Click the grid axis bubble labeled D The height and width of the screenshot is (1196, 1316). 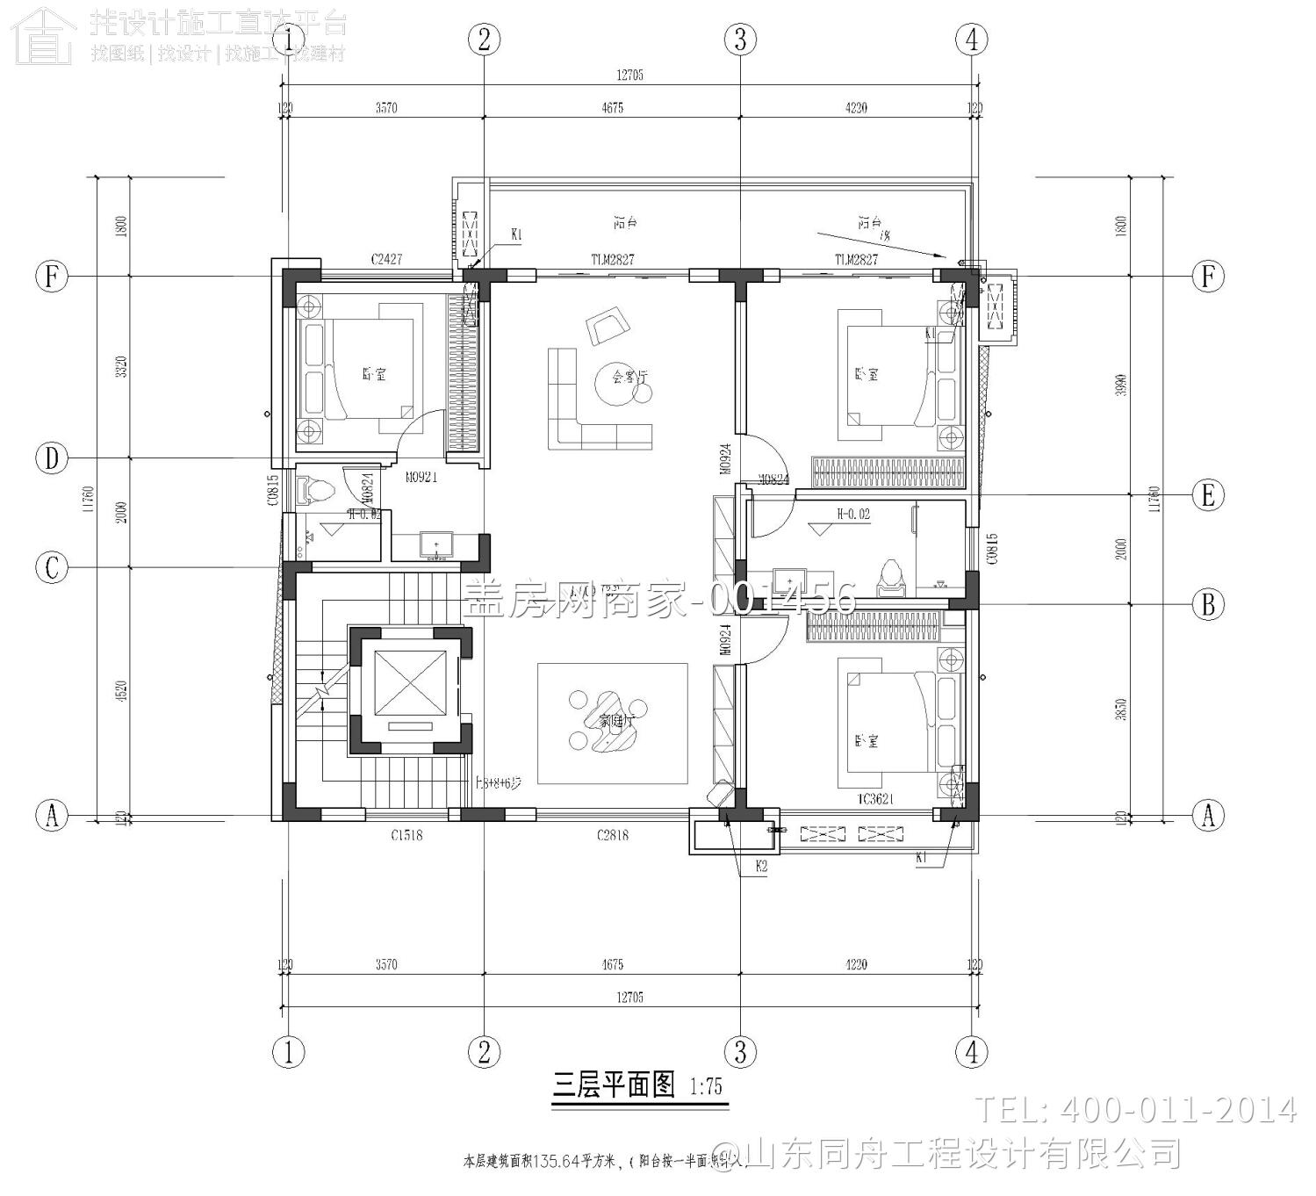click(x=52, y=458)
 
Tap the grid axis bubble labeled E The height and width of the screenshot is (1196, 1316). click(x=1208, y=495)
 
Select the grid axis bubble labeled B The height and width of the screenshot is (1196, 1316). click(x=1208, y=604)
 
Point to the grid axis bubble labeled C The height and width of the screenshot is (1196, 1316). click(x=52, y=567)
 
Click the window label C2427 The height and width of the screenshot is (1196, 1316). click(x=386, y=259)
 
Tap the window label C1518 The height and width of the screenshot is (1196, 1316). click(x=406, y=835)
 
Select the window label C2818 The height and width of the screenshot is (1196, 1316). click(x=612, y=835)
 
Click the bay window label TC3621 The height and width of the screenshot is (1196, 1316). click(x=875, y=798)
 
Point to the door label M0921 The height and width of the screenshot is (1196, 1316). click(x=421, y=478)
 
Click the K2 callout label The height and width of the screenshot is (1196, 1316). click(x=762, y=867)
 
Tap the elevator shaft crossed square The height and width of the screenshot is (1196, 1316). click(x=410, y=682)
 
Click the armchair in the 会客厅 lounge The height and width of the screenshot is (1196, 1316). click(x=608, y=326)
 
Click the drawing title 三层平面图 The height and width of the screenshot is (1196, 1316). click(x=614, y=1085)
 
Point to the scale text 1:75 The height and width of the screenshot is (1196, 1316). click(x=706, y=1087)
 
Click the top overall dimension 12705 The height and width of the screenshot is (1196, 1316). click(x=629, y=76)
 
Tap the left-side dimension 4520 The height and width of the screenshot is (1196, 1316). click(x=122, y=691)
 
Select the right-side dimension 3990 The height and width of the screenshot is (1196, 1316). click(x=1119, y=385)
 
